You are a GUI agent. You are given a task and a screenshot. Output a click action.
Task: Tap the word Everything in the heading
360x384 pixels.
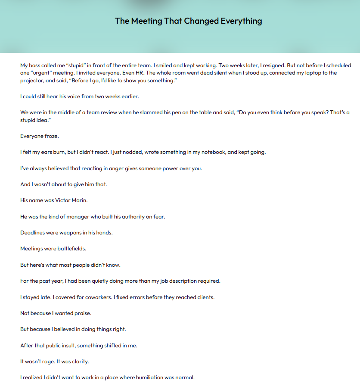(x=241, y=21)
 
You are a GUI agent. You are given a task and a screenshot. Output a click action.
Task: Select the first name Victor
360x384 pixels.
(x=59, y=200)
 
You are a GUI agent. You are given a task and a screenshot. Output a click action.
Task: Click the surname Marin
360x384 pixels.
(x=81, y=200)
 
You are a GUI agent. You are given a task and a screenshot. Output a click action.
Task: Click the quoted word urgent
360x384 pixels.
(x=42, y=73)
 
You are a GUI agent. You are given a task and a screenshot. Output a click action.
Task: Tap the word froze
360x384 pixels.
(x=51, y=136)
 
